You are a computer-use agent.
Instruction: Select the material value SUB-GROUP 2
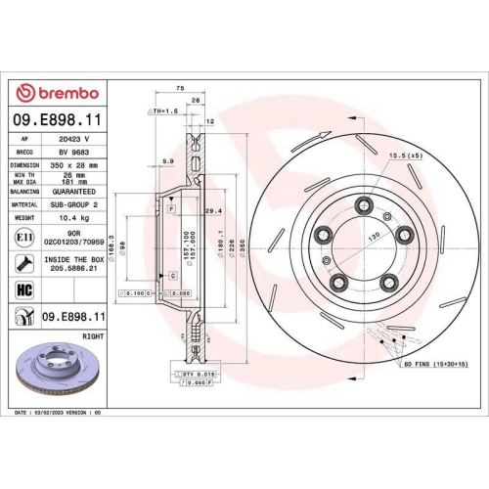[x=74, y=204]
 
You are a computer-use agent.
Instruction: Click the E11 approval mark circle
[x=23, y=238]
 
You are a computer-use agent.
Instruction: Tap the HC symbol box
[x=23, y=289]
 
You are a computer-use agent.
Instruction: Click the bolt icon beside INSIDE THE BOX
[x=23, y=263]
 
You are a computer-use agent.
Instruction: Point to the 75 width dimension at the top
[x=180, y=88]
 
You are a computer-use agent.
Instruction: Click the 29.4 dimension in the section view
[x=212, y=210]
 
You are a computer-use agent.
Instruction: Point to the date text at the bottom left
[x=61, y=414]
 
